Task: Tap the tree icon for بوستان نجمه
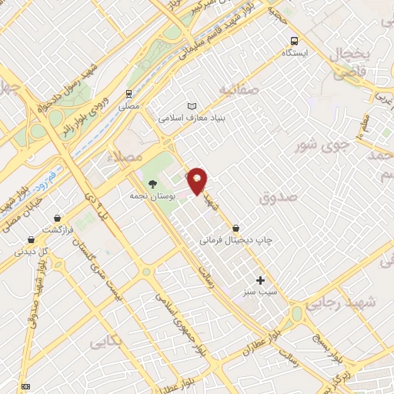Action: click(152, 184)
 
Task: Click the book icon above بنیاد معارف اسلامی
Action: click(192, 106)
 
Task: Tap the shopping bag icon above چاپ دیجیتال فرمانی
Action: click(235, 228)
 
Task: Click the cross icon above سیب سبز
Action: click(260, 280)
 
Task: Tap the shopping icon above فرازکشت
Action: click(31, 240)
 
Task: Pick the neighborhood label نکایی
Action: click(107, 339)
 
